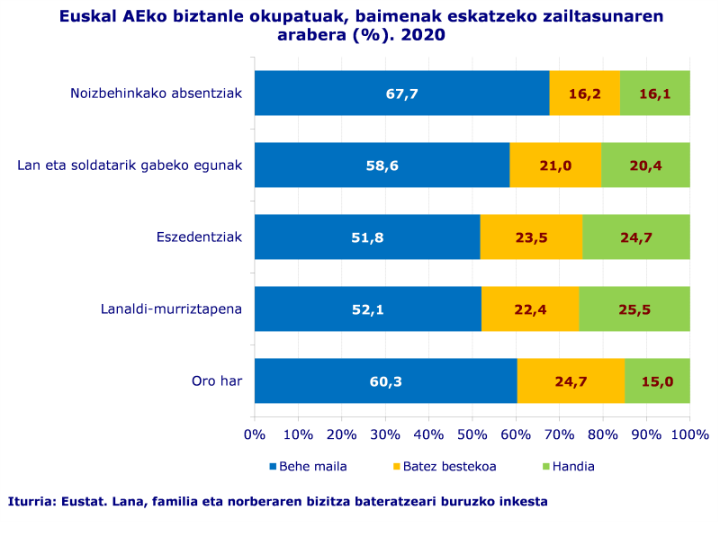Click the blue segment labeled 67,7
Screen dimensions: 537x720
coord(401,94)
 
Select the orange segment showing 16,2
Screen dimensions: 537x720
coord(584,94)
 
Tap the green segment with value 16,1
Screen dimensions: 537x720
coord(654,94)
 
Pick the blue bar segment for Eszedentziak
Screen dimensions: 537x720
coord(367,237)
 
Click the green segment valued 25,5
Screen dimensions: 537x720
coord(634,309)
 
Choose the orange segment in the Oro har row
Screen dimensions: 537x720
coord(571,381)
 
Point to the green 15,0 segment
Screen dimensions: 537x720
coord(657,381)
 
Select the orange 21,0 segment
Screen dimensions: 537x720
coord(555,166)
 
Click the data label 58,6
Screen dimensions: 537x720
coord(382,166)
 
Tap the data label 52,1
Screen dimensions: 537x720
coord(367,309)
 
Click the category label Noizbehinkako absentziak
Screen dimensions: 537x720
coord(156,94)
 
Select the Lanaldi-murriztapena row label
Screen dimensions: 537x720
coord(171,309)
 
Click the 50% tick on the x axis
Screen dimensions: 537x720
coord(472,435)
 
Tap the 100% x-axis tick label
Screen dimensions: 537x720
coord(689,435)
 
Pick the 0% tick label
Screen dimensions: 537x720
coord(255,435)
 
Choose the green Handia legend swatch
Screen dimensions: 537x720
coord(544,467)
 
